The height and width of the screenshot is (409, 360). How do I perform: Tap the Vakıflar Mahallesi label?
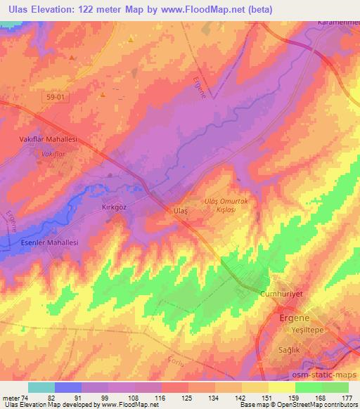click(x=46, y=140)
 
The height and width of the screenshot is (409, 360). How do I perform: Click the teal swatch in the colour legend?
click(x=41, y=387)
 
